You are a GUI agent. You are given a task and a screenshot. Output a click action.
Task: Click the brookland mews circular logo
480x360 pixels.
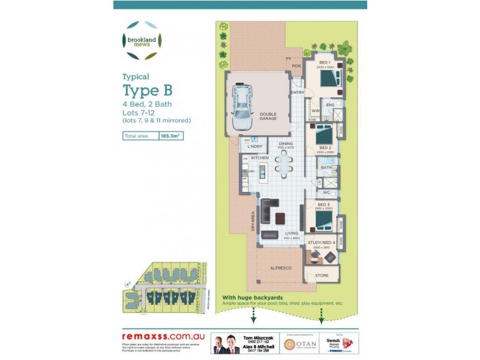coord(142,40)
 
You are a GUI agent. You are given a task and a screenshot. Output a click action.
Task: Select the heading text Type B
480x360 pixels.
coord(148,91)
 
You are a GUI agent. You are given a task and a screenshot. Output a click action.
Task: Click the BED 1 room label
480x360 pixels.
coord(325,63)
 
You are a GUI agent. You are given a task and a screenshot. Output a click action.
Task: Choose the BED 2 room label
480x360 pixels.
coord(325,147)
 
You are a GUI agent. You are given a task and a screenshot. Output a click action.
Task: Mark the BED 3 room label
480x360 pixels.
coord(324,205)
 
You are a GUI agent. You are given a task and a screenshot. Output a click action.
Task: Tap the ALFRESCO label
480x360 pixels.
coord(281,268)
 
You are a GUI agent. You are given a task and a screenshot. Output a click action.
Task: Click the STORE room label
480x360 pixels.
coord(322,275)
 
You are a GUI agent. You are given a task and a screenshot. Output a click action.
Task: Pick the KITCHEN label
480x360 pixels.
coord(260,157)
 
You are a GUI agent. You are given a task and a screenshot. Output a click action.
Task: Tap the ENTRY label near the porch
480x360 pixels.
coord(298,92)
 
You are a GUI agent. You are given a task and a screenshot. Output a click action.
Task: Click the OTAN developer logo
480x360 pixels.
coord(298,344)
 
